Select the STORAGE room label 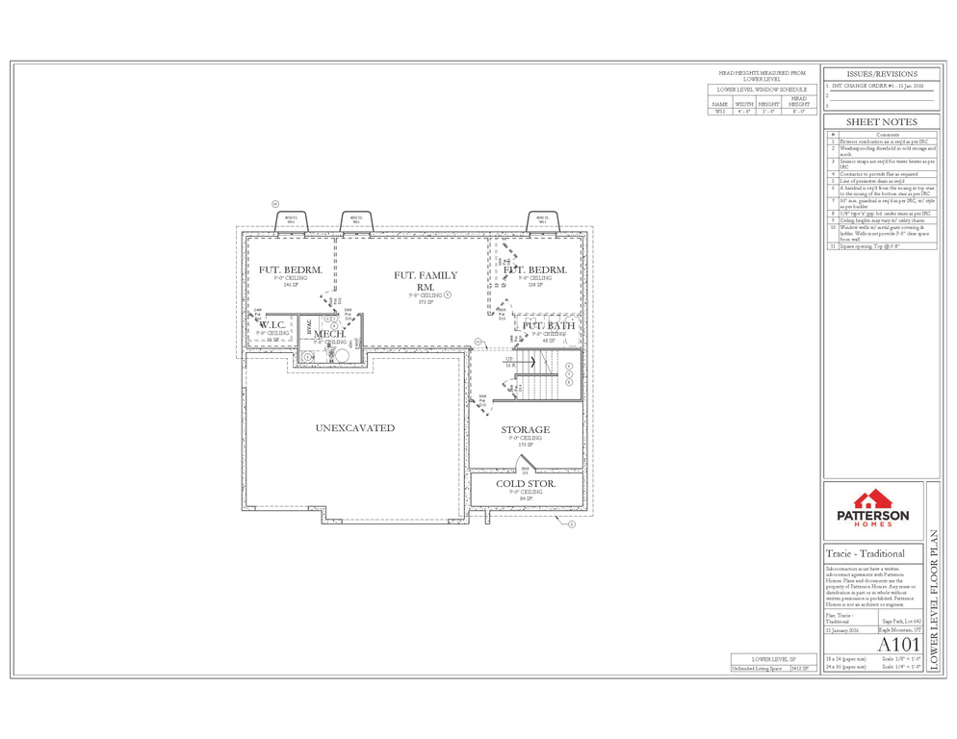[x=525, y=430]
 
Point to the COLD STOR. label [x=525, y=483]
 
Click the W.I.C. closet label [x=272, y=325]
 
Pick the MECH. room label [x=330, y=333]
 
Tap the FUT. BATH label [x=549, y=326]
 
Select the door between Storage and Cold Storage [x=525, y=471]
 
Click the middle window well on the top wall [x=355, y=220]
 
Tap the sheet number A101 [x=899, y=644]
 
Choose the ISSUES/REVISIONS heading [x=881, y=74]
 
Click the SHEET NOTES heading [x=881, y=122]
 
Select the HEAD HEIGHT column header [x=798, y=101]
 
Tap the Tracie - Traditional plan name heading [x=866, y=553]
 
